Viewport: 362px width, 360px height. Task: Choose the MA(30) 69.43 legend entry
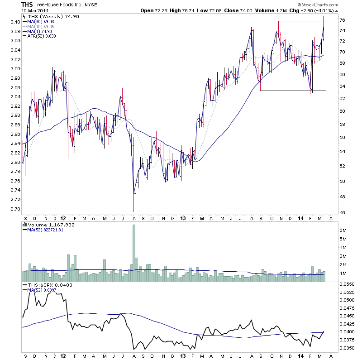(x=41, y=22)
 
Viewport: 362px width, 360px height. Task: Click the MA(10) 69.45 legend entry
(x=41, y=26)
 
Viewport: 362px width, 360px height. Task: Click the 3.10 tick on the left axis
(x=15, y=22)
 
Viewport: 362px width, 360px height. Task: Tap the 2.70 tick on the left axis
(x=15, y=209)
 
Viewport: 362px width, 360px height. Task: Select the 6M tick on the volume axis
(x=343, y=230)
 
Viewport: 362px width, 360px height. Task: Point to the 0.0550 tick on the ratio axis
(x=348, y=283)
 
